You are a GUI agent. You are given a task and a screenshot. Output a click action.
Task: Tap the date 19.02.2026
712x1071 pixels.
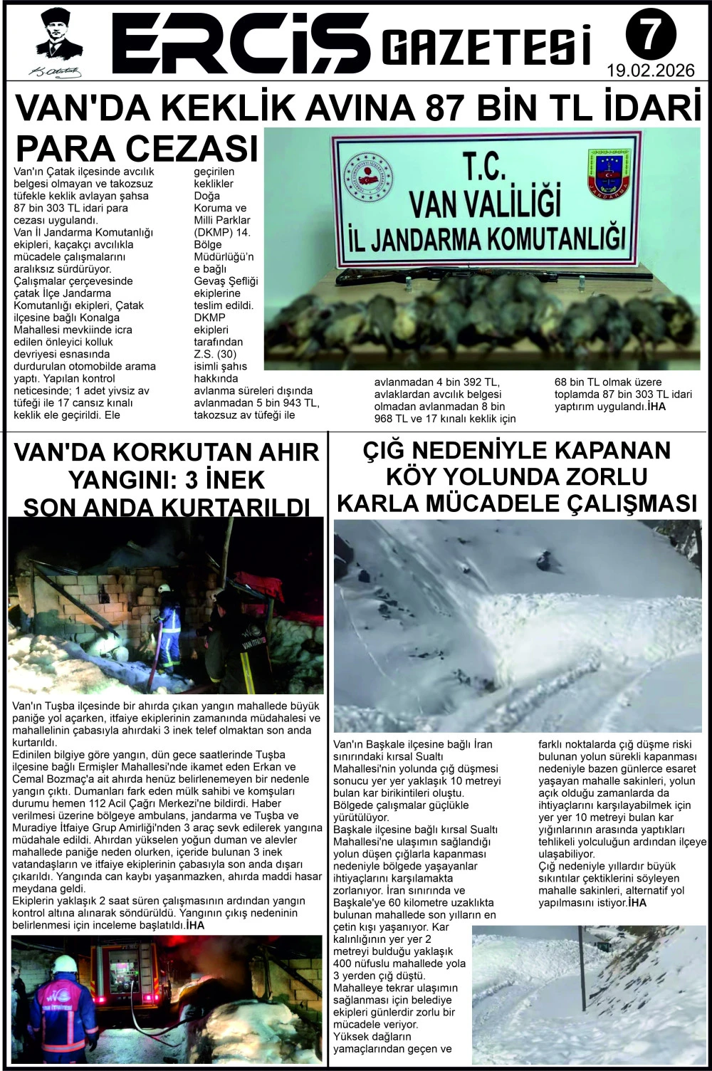(x=650, y=71)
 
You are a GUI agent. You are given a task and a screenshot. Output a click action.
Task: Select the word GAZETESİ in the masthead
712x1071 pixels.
(x=487, y=46)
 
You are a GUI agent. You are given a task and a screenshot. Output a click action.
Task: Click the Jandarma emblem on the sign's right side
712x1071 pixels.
(x=609, y=173)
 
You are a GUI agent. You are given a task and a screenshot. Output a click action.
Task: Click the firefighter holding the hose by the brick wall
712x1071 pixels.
(x=168, y=627)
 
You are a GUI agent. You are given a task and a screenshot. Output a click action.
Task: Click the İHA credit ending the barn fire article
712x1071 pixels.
(x=194, y=925)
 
